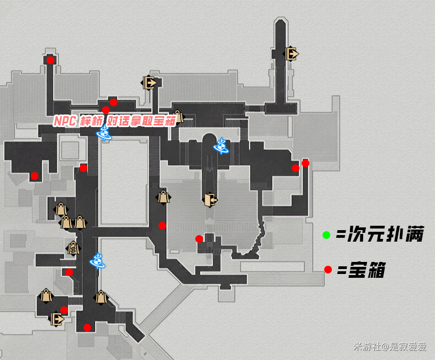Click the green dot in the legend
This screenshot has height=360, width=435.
click(x=326, y=235)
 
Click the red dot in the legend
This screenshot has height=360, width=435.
click(x=328, y=270)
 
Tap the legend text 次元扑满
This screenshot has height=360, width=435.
click(x=386, y=234)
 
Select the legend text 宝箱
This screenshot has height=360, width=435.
click(x=367, y=270)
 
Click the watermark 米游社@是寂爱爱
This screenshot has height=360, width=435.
click(x=390, y=346)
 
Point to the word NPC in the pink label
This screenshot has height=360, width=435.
click(x=65, y=121)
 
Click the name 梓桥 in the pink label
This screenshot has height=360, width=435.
click(x=92, y=121)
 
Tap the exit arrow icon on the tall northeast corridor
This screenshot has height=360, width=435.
click(x=291, y=54)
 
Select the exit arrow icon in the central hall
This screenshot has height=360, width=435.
click(x=210, y=199)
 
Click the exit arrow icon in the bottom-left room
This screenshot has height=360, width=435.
click(x=57, y=319)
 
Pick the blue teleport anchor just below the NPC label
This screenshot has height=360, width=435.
click(x=104, y=133)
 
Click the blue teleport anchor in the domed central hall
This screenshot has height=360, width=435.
click(x=222, y=146)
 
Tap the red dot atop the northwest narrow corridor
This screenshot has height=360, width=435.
click(x=50, y=60)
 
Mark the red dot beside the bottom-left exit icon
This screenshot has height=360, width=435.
click(x=64, y=310)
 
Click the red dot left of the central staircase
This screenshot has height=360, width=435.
click(x=199, y=238)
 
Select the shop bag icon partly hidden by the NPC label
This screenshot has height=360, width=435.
click(x=178, y=116)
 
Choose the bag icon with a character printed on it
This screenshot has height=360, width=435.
click(x=73, y=248)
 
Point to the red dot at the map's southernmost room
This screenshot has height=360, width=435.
click(x=87, y=328)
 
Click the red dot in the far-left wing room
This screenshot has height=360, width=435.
click(x=35, y=176)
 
